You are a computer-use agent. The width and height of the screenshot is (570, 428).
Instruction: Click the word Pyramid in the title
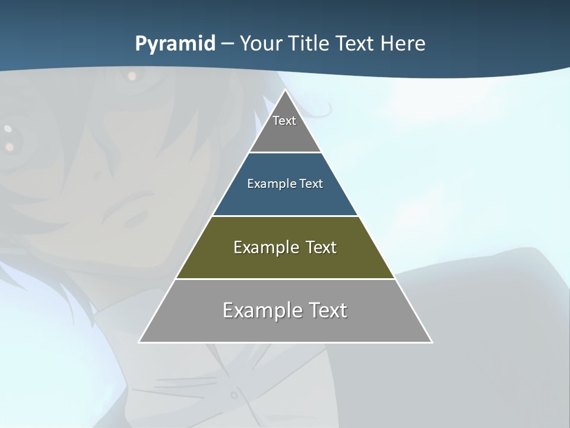[x=175, y=44]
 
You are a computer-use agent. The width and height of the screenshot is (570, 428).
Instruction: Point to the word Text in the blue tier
[x=311, y=184]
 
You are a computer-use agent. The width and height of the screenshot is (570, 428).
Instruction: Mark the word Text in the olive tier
[x=321, y=247]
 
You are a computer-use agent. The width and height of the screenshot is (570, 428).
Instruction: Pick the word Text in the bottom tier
[x=328, y=310]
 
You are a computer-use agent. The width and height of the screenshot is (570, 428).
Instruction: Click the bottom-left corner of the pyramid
[x=140, y=342]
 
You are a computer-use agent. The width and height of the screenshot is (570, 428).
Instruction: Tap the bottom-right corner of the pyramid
[x=432, y=342]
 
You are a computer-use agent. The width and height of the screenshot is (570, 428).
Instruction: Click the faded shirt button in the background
[x=234, y=394]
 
